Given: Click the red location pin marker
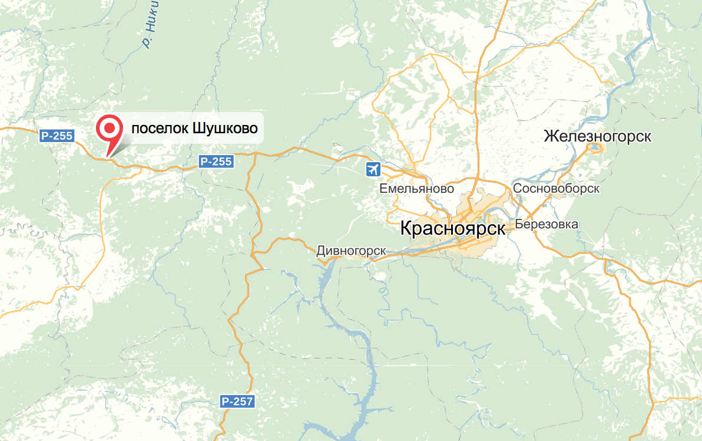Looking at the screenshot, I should tap(109, 131).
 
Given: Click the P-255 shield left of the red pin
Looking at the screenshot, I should tap(57, 136).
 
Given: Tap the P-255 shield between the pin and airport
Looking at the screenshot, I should tap(216, 161).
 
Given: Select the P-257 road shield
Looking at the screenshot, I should tap(238, 401).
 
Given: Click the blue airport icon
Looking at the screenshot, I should tap(373, 170).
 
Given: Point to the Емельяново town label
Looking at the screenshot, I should tap(417, 189).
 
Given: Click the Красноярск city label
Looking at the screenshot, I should tap(452, 228).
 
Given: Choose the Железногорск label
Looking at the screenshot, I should tap(597, 136).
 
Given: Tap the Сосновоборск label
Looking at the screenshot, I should tap(556, 188).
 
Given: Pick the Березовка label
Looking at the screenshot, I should tap(546, 224).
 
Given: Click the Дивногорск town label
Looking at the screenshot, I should tap(351, 250).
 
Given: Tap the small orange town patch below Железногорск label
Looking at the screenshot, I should tap(594, 147).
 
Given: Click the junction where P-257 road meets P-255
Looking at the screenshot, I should tap(256, 155).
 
